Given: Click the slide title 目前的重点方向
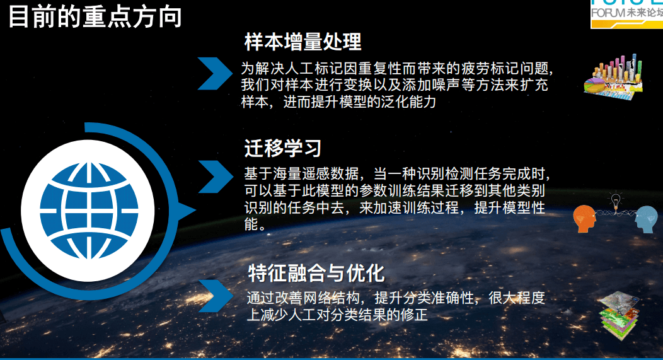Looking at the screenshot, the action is click(95, 16).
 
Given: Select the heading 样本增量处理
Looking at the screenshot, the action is click(303, 42).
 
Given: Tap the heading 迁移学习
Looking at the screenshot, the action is click(283, 148).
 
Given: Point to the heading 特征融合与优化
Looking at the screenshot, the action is click(316, 273).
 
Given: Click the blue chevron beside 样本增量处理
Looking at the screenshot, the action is click(215, 74).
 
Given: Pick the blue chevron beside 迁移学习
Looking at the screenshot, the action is click(216, 177).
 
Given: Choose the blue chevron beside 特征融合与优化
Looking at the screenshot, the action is click(216, 296).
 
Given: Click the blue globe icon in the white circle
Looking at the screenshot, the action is click(89, 211).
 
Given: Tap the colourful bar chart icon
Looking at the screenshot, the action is click(614, 77).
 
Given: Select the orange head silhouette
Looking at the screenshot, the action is click(584, 218).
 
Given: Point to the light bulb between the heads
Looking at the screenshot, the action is click(616, 199).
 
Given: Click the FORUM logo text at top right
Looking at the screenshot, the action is click(626, 13).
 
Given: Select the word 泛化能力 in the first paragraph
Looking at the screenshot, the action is click(408, 102).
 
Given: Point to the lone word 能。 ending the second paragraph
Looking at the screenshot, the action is click(255, 224).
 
